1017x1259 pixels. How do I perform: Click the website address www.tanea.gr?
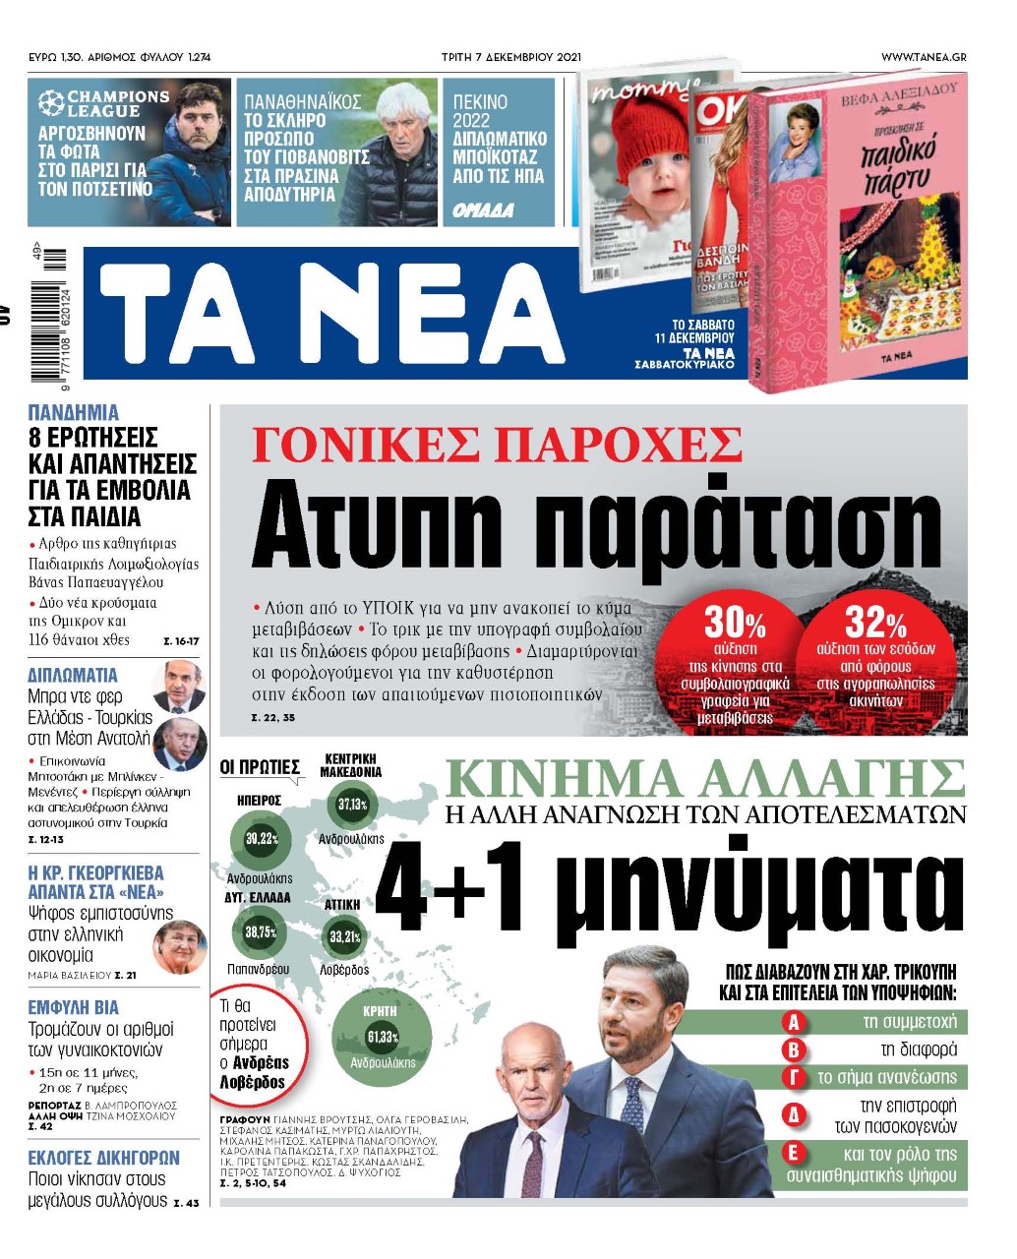(923, 57)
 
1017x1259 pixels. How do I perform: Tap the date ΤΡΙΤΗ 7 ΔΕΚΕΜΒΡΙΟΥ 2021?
(511, 57)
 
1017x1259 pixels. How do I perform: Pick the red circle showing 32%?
(875, 661)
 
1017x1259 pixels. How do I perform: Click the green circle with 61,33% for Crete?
(382, 1038)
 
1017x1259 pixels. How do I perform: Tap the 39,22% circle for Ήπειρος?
(261, 839)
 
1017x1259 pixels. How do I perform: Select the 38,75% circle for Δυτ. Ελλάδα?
(260, 932)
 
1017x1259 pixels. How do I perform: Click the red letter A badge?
(793, 1023)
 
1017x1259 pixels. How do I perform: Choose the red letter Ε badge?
(793, 1153)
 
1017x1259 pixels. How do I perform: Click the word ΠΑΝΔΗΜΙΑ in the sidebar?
(73, 413)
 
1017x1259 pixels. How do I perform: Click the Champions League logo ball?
(51, 102)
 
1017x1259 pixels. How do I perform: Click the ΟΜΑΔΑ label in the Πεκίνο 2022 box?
(483, 210)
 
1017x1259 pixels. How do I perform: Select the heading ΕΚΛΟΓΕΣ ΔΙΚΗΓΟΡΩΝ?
(103, 1158)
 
